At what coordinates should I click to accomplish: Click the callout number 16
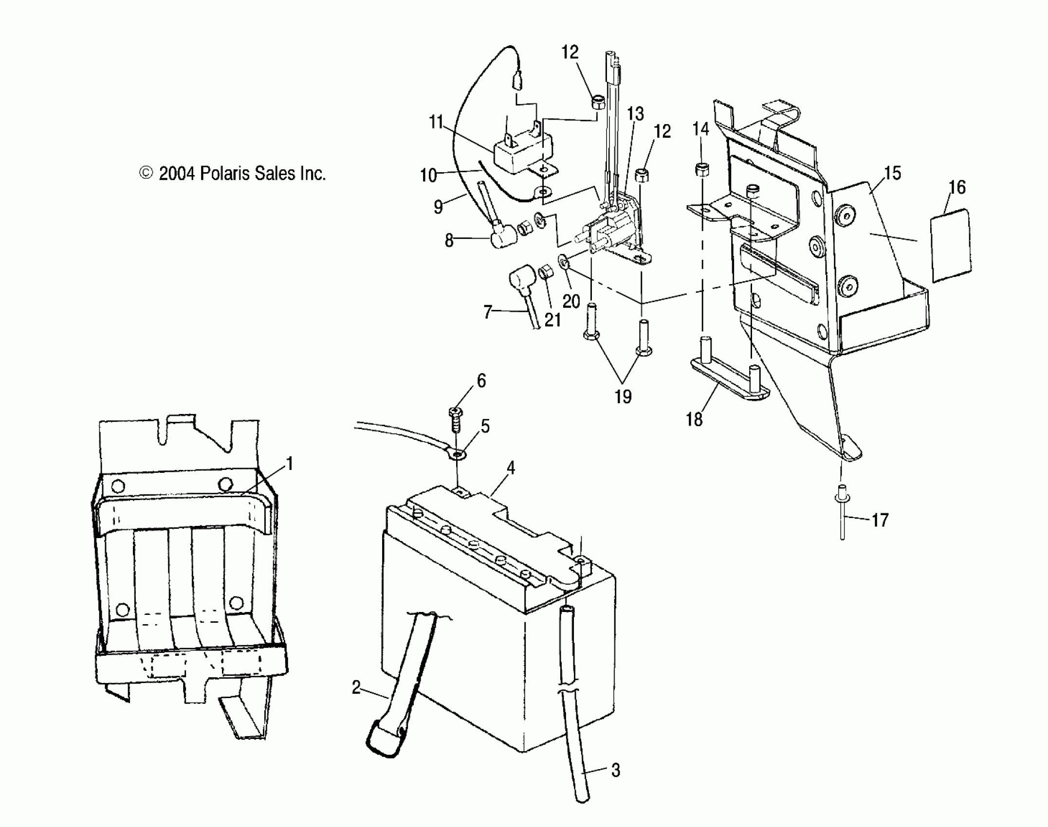(x=957, y=187)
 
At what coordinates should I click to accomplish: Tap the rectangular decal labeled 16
(x=951, y=246)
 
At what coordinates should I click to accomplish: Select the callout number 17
(x=880, y=521)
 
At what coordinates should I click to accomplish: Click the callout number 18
(x=694, y=419)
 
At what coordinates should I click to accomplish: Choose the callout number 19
(x=623, y=396)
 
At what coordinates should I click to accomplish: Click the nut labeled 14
(x=701, y=170)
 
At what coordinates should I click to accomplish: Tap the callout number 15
(x=892, y=173)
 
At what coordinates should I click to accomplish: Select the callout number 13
(x=635, y=114)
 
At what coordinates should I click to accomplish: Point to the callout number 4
(x=510, y=468)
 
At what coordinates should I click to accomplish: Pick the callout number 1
(x=290, y=464)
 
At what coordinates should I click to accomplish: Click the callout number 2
(x=356, y=687)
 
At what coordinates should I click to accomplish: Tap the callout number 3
(x=615, y=770)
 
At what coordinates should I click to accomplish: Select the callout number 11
(x=436, y=122)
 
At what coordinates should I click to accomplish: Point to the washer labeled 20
(x=565, y=263)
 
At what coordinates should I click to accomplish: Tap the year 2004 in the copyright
(x=177, y=174)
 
